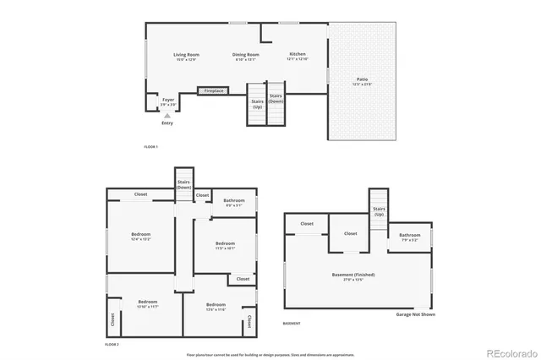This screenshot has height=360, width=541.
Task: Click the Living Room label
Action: click(185, 56)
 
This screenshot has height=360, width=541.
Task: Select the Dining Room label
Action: click(246, 56)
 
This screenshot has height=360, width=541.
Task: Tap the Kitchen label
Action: click(298, 56)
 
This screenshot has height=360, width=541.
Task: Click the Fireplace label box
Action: click(213, 90)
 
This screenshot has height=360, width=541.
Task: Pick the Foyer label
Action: click(168, 101)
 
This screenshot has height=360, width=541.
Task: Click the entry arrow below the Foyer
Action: click(167, 115)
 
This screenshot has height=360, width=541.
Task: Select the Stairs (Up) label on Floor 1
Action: click(257, 104)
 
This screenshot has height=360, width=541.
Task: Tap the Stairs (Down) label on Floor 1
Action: click(276, 98)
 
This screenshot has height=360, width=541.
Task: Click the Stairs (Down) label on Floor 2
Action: click(183, 183)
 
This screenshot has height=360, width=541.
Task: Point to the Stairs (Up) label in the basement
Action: click(379, 211)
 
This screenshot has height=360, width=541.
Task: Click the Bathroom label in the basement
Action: click(409, 237)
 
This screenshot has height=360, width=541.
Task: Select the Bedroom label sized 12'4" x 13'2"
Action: click(140, 236)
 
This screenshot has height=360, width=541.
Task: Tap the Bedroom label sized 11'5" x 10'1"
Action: click(225, 245)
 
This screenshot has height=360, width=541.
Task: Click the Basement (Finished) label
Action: click(353, 276)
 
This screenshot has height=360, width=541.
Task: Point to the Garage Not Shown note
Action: click(415, 314)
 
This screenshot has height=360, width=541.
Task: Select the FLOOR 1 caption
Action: click(151, 147)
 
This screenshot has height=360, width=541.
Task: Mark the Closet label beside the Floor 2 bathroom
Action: click(202, 195)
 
